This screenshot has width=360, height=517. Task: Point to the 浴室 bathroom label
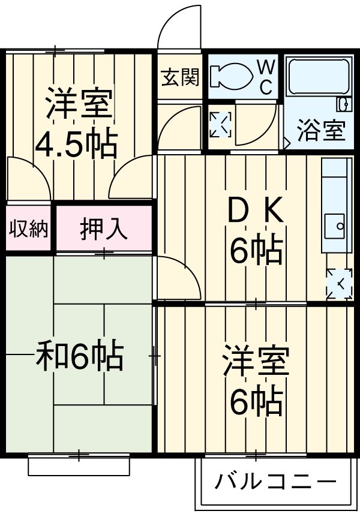click(x=322, y=130)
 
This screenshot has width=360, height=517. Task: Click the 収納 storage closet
click(x=29, y=229)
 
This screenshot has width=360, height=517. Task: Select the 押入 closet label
click(x=104, y=229)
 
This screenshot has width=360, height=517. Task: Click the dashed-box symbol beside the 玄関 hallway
click(x=219, y=124)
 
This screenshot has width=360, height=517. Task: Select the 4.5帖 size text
click(x=76, y=144)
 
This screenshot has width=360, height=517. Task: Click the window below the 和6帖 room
click(x=79, y=464)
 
